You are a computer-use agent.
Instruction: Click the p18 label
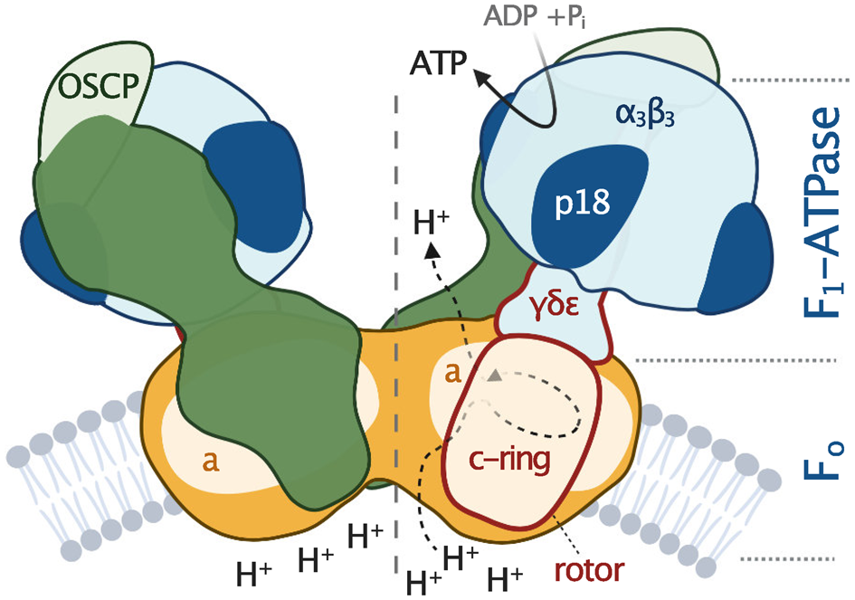[x=580, y=205]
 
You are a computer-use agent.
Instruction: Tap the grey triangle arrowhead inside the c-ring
[x=493, y=375]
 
